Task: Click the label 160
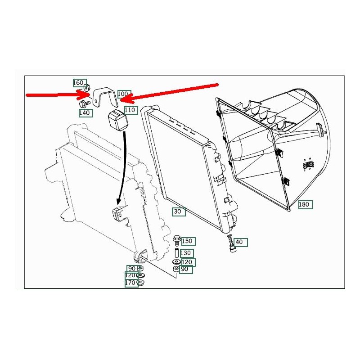coord(78,83)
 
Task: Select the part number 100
coord(123,94)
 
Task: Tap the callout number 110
coord(130,110)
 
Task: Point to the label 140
coord(85,113)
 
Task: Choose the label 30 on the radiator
coord(178,211)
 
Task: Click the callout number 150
coord(187,241)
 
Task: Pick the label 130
coord(186,253)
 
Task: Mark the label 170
coord(131,283)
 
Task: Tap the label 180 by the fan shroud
coord(305,204)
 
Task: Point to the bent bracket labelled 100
coord(105,96)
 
